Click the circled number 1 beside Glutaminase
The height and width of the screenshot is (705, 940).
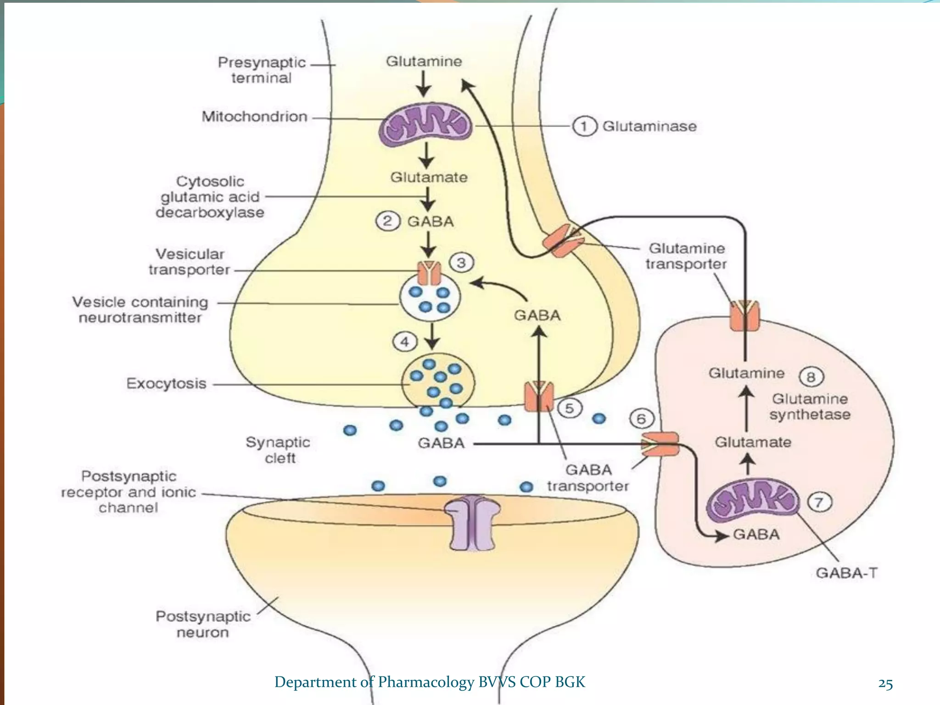click(x=584, y=126)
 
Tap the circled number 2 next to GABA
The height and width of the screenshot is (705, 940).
click(x=388, y=221)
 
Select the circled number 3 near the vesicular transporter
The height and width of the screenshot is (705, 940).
click(x=461, y=263)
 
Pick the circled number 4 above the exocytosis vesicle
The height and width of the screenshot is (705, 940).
click(x=405, y=342)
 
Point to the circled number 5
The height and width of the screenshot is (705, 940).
click(x=569, y=408)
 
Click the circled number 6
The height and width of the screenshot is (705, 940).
click(x=641, y=419)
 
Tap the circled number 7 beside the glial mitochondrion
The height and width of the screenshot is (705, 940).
click(x=819, y=502)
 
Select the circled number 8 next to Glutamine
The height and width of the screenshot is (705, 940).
click(x=811, y=377)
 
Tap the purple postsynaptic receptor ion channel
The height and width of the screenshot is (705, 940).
click(x=472, y=523)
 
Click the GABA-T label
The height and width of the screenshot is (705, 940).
click(x=846, y=573)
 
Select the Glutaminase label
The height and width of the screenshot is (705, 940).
click(x=649, y=126)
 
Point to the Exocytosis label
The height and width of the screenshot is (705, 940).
click(x=166, y=384)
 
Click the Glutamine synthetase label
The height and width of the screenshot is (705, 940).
click(x=810, y=407)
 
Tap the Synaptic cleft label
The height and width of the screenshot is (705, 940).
click(x=278, y=450)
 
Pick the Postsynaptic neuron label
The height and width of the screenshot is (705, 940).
click(x=203, y=624)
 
